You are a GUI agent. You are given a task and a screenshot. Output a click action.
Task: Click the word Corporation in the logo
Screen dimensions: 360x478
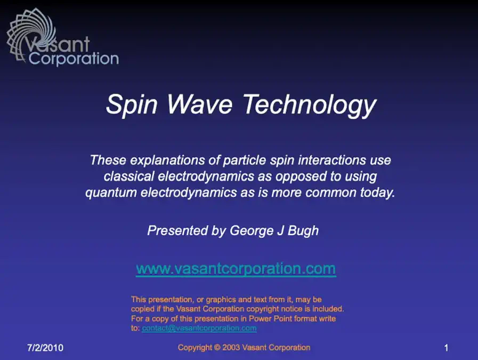click(x=74, y=58)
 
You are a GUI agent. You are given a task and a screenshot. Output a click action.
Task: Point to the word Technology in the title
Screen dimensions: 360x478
click(x=310, y=105)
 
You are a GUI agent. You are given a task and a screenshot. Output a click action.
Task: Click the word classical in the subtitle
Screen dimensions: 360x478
click(x=127, y=176)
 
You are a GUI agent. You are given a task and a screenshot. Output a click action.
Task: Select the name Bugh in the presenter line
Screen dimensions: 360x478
click(x=304, y=231)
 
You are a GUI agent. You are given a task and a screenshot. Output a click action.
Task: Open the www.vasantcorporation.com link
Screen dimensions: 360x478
click(x=236, y=268)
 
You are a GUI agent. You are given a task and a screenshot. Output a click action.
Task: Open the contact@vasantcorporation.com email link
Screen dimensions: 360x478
click(x=199, y=329)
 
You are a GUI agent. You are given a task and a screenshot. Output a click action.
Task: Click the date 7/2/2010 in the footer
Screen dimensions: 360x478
click(x=45, y=348)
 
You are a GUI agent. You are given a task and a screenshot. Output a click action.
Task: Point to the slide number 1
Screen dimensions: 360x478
click(x=446, y=348)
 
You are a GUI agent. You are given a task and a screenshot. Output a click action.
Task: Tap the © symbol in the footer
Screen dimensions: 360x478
click(x=217, y=348)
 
